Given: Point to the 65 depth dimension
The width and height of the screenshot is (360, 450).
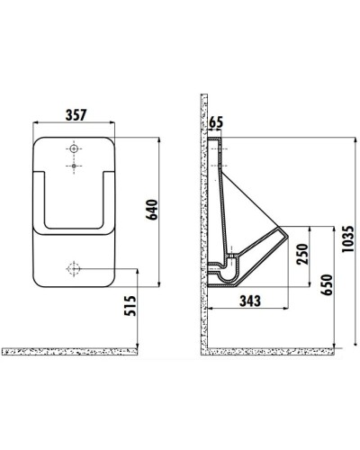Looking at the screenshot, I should tap(215, 122).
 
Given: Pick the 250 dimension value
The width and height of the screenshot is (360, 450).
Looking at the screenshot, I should tap(302, 254).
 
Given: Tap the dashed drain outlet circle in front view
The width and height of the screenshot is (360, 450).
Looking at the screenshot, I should tap(71, 268).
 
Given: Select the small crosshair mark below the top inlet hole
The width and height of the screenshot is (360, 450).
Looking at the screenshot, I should tap(71, 166).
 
